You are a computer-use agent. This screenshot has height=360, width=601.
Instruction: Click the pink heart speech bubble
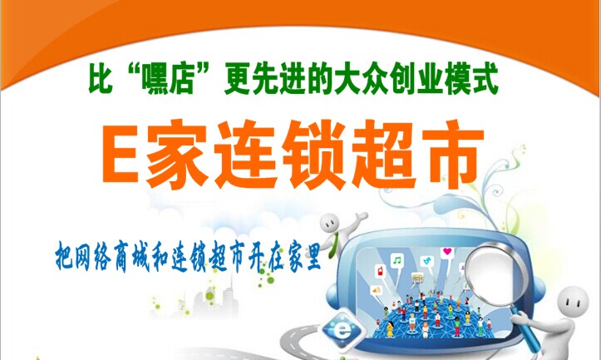[x=447, y=254]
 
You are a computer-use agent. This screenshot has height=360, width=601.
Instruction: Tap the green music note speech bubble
[x=397, y=262]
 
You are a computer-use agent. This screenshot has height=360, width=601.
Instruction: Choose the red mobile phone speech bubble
[x=381, y=271]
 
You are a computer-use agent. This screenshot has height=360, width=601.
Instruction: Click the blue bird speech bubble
[x=426, y=262]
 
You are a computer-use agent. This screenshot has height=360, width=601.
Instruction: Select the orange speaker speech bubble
[x=376, y=291]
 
